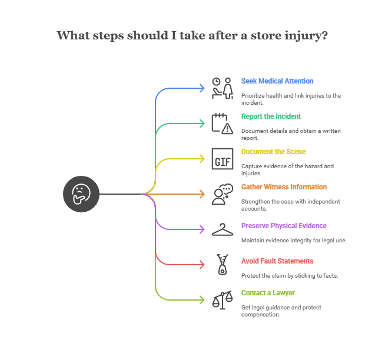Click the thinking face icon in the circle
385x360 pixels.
click(x=81, y=194)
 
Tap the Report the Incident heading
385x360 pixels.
click(x=271, y=116)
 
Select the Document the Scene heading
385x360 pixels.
click(x=273, y=152)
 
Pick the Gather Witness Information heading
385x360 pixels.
click(x=284, y=187)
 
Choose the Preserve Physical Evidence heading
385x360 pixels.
click(x=284, y=226)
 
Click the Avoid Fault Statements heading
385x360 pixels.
click(x=277, y=261)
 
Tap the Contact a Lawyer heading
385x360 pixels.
click(x=268, y=293)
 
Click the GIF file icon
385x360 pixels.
click(x=223, y=159)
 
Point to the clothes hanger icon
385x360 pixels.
click(x=223, y=229)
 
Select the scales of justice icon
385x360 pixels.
click(x=223, y=300)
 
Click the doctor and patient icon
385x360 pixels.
click(x=223, y=88)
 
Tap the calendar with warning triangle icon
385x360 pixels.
click(x=223, y=123)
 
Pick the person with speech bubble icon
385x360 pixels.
click(x=223, y=194)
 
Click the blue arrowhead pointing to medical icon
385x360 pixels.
click(x=202, y=88)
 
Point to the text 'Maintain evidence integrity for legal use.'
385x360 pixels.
click(x=294, y=240)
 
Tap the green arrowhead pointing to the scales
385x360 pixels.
click(x=202, y=300)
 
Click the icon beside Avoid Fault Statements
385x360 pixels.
click(x=223, y=265)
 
